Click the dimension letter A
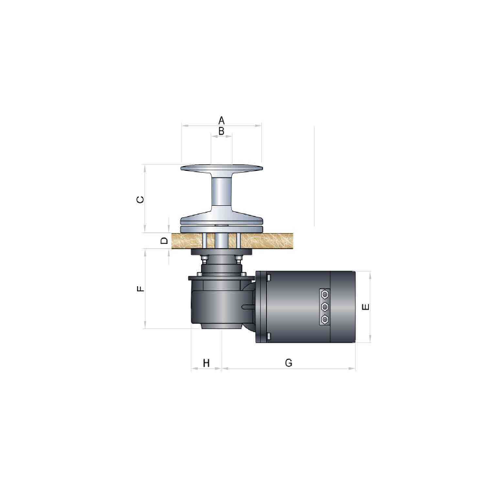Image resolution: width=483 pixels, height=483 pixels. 221,120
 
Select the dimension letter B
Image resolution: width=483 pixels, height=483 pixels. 221,131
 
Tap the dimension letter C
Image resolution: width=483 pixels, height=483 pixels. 140,200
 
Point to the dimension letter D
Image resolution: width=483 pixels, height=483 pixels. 164,240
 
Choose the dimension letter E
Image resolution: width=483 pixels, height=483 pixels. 366,307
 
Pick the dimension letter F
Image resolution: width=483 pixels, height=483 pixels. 140,289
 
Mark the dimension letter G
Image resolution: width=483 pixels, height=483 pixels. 289,363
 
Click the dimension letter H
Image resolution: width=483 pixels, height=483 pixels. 206,363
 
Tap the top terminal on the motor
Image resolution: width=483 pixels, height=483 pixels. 324,295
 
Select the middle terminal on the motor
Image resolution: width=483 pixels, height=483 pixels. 324,307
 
